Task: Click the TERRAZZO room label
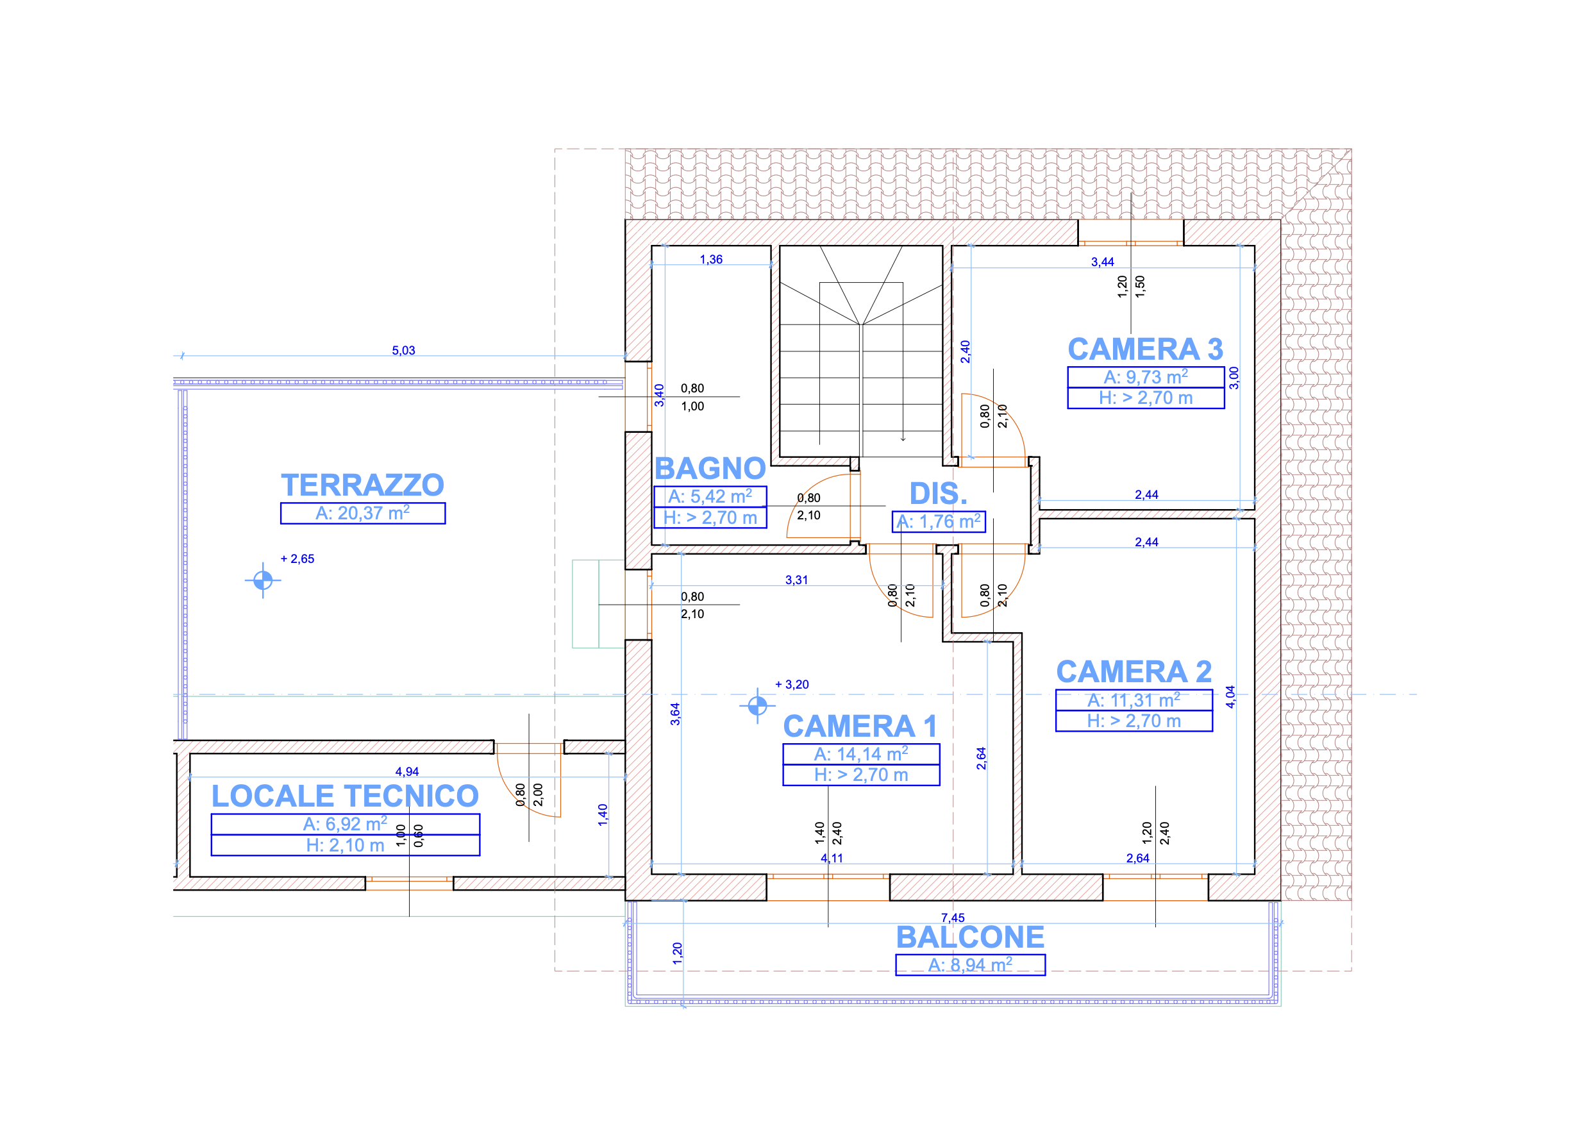pyautogui.click(x=362, y=485)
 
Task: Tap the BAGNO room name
pyautogui.click(x=710, y=469)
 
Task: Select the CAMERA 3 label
pyautogui.click(x=1146, y=349)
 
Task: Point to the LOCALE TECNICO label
pyautogui.click(x=345, y=796)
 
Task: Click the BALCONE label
pyautogui.click(x=970, y=937)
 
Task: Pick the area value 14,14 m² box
pyautogui.click(x=861, y=754)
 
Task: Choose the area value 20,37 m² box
pyautogui.click(x=363, y=513)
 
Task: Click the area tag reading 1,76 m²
pyautogui.click(x=939, y=521)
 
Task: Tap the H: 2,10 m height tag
pyautogui.click(x=345, y=846)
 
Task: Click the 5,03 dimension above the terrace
pyautogui.click(x=404, y=351)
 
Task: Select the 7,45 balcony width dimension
pyautogui.click(x=953, y=918)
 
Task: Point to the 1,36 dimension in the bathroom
pyautogui.click(x=711, y=260)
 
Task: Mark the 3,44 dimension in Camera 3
pyautogui.click(x=1103, y=262)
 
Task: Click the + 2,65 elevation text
pyautogui.click(x=297, y=559)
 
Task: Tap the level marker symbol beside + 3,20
pyautogui.click(x=757, y=706)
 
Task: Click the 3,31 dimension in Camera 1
pyautogui.click(x=796, y=580)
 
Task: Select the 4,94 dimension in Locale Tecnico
pyautogui.click(x=407, y=771)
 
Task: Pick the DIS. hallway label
pyautogui.click(x=939, y=494)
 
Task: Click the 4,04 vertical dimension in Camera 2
pyautogui.click(x=1230, y=697)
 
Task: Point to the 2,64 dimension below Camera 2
pyautogui.click(x=1138, y=858)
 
